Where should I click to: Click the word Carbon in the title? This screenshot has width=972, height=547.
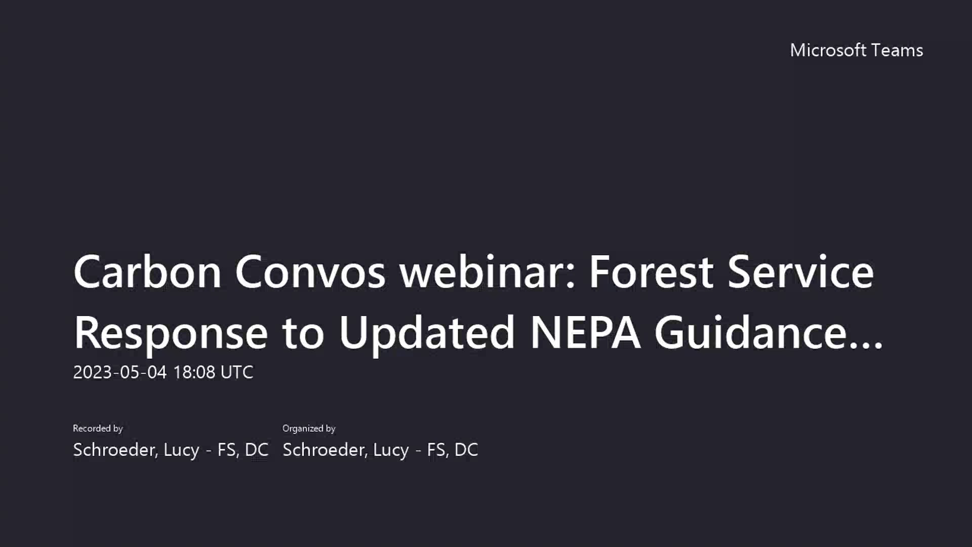[147, 272]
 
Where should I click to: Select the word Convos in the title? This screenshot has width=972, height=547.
[310, 272]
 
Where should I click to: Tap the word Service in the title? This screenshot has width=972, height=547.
[800, 272]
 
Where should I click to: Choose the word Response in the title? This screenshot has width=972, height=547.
[171, 333]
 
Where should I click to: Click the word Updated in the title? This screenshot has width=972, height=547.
[427, 333]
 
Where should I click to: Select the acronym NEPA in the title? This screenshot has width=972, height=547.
[585, 333]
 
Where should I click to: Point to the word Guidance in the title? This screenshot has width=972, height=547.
[750, 333]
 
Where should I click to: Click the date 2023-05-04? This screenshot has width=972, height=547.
[120, 372]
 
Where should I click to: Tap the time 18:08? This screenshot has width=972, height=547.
[194, 372]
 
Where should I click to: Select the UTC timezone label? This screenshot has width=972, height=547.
[237, 372]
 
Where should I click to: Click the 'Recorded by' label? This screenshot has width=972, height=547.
[98, 428]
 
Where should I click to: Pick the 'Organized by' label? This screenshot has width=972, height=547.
[309, 428]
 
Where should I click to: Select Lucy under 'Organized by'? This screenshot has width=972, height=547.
[391, 450]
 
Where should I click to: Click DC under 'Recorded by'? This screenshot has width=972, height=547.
[257, 450]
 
